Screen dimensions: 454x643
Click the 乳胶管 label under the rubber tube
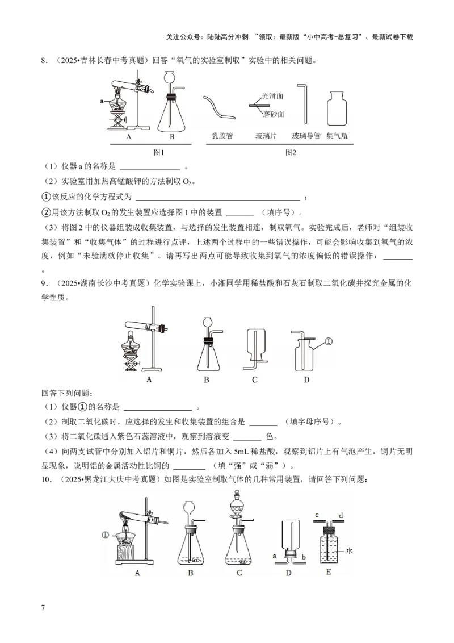pyautogui.click(x=222, y=136)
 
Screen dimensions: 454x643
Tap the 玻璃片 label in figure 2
pyautogui.click(x=266, y=136)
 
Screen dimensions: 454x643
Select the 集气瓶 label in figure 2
pyautogui.click(x=337, y=136)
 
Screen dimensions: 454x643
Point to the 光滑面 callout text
pyautogui.click(x=273, y=96)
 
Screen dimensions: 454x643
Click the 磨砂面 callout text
pyautogui.click(x=274, y=114)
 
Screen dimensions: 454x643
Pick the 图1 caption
pyautogui.click(x=158, y=153)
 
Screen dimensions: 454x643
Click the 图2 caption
pyautogui.click(x=291, y=153)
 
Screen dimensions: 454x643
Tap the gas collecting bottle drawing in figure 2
pyautogui.click(x=337, y=108)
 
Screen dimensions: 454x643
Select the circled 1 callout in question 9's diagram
pyautogui.click(x=329, y=341)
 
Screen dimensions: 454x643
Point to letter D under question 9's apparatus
pyautogui.click(x=306, y=380)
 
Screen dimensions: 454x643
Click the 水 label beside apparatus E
pyautogui.click(x=349, y=551)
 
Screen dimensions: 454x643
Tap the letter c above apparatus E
pyautogui.click(x=317, y=515)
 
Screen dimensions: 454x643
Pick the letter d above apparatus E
pyautogui.click(x=341, y=515)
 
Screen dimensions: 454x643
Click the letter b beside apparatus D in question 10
pyautogui.click(x=304, y=557)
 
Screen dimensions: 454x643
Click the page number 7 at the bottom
pyautogui.click(x=43, y=607)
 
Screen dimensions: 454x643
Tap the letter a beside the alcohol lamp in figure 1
pyautogui.click(x=102, y=101)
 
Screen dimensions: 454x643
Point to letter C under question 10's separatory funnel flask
pyautogui.click(x=239, y=573)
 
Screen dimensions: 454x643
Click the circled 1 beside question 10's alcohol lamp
pyautogui.click(x=106, y=535)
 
